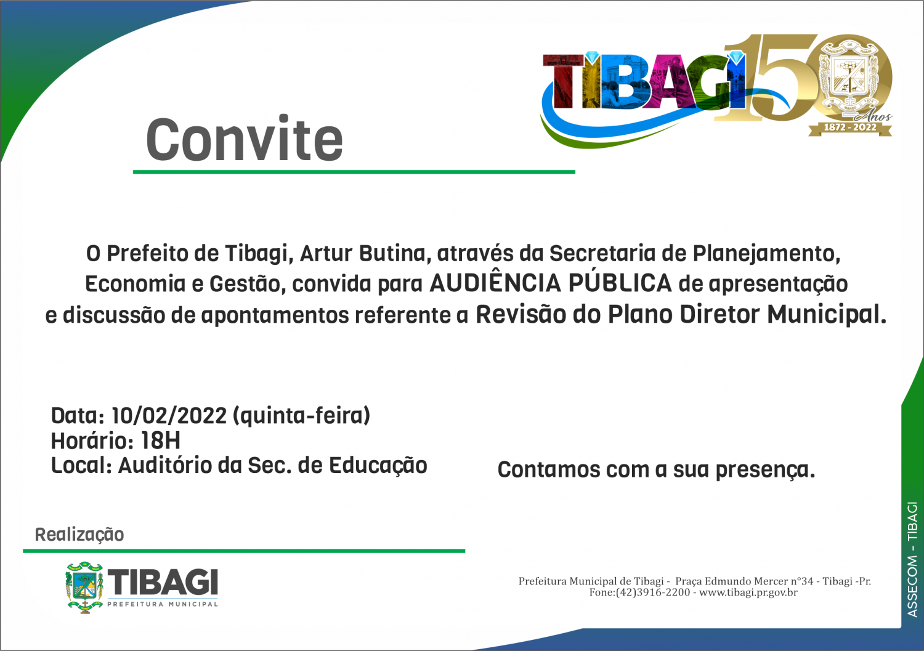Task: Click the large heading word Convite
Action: (x=244, y=139)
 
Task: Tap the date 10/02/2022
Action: (x=169, y=416)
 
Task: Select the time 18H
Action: (x=160, y=440)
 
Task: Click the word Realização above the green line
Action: (x=79, y=535)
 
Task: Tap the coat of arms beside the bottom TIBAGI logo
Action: (x=84, y=587)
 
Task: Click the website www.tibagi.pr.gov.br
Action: (x=748, y=592)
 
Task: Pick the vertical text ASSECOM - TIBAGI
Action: (x=912, y=559)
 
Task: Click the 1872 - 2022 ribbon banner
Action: (x=849, y=127)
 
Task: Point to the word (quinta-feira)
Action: (x=302, y=416)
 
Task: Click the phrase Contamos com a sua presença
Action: (x=656, y=470)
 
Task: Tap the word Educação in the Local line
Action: (x=378, y=466)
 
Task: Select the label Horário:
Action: (x=92, y=440)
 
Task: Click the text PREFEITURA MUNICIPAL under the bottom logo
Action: (x=163, y=604)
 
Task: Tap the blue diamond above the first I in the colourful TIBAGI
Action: (x=592, y=58)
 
